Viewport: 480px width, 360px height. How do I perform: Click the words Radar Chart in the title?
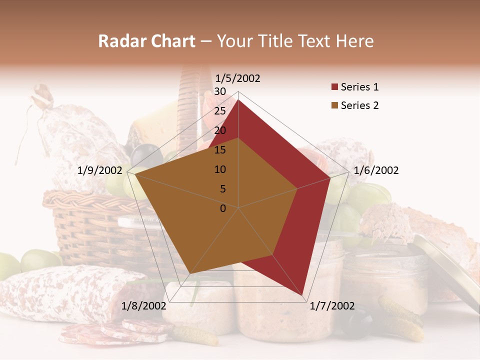[146, 41]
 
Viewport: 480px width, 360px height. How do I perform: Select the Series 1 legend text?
[359, 87]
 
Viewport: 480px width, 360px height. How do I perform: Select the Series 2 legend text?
[359, 105]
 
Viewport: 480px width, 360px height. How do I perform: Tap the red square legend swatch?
[334, 87]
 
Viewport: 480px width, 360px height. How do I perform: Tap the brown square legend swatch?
[334, 105]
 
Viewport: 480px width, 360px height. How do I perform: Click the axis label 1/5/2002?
[237, 78]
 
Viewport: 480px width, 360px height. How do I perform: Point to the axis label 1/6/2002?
[376, 170]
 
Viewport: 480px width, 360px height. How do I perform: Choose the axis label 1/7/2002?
[332, 306]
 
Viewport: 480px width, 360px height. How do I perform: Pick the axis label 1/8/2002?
[144, 306]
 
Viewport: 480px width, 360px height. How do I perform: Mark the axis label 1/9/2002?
[100, 170]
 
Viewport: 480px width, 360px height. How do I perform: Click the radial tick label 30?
[219, 91]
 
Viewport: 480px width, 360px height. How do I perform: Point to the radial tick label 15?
[219, 150]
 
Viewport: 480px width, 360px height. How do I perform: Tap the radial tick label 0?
[223, 208]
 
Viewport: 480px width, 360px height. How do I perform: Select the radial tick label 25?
[219, 111]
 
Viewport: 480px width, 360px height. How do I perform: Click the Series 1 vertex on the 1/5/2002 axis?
[238, 99]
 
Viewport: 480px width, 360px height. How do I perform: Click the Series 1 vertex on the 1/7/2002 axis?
[302, 295]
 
